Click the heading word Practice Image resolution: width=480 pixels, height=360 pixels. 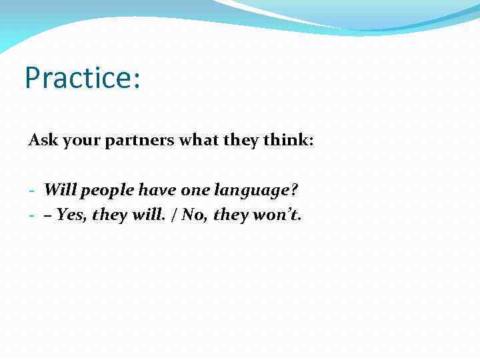coord(79,77)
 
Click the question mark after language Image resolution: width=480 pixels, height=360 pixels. coord(294,190)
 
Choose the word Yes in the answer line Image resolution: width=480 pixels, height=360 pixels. coord(71,215)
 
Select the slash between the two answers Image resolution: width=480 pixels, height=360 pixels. coord(177,215)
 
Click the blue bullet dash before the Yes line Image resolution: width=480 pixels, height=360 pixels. coord(32,216)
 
